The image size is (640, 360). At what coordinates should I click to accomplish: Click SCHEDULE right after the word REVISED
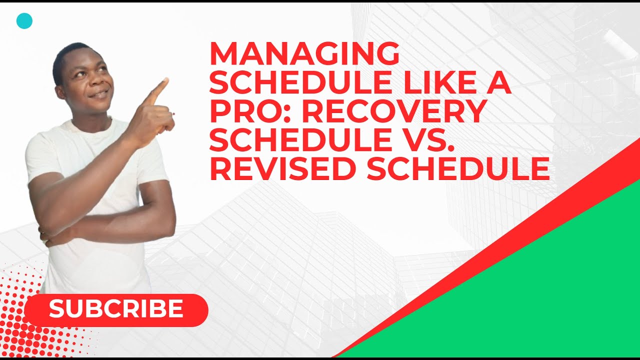point(458,169)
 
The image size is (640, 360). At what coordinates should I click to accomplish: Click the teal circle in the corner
point(24,21)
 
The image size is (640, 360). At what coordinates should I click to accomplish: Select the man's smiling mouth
point(99,94)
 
